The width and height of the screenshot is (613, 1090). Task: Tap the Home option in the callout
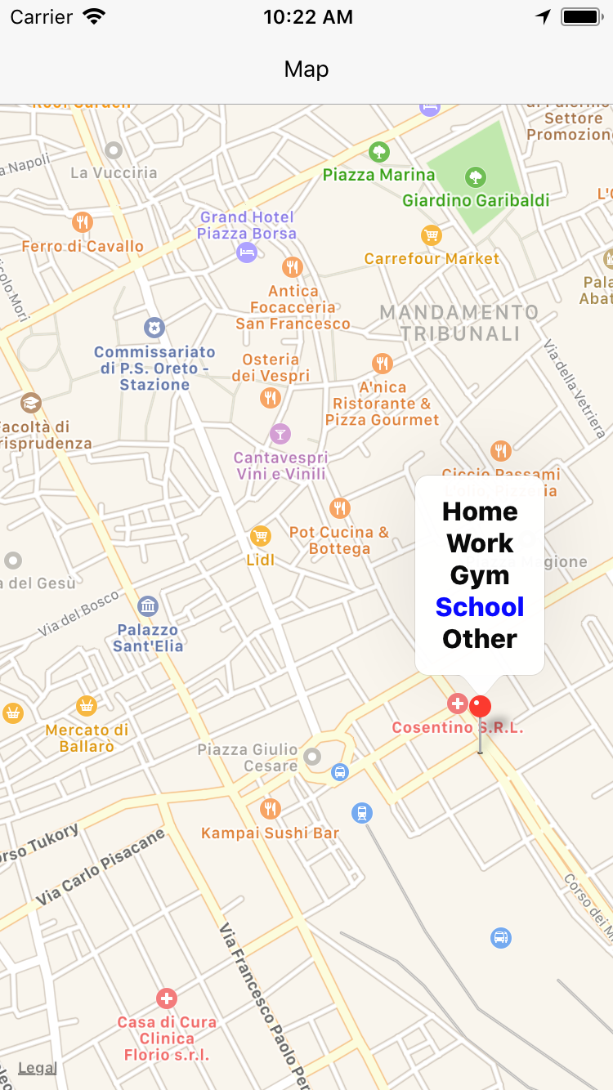(480, 511)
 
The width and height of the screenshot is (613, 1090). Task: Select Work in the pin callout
(480, 543)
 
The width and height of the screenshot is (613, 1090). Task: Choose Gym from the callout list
(480, 575)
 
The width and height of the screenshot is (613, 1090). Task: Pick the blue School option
(480, 607)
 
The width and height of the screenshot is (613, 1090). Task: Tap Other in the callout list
(480, 639)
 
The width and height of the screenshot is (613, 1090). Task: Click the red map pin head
(481, 707)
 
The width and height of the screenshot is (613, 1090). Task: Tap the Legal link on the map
(37, 1068)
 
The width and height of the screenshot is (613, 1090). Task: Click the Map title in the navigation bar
(306, 69)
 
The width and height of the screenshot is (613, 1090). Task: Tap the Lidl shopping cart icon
(260, 536)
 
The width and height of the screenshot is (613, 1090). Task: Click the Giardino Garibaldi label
(476, 200)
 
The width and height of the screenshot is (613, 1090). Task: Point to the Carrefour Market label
(432, 259)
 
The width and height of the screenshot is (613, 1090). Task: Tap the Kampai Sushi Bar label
(270, 833)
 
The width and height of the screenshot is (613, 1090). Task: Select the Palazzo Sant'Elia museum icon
(148, 606)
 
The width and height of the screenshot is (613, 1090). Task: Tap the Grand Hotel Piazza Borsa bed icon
(247, 252)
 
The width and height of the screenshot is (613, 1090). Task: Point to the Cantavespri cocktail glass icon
(280, 434)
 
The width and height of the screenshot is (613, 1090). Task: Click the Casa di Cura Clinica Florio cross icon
(166, 998)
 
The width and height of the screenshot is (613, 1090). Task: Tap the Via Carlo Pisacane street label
(100, 868)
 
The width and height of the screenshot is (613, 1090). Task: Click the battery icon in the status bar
(581, 17)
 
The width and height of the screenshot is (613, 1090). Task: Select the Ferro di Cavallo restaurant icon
(82, 221)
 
